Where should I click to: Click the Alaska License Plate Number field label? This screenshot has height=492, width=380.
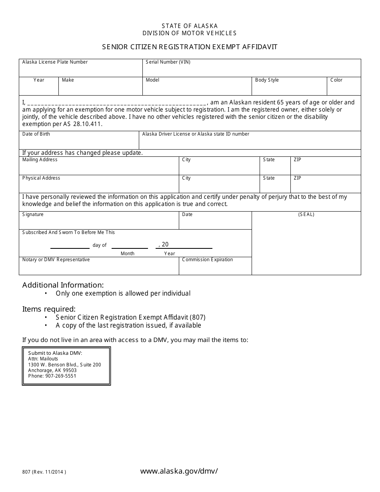click(x=55, y=62)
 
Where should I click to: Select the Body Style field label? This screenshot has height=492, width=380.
click(x=267, y=80)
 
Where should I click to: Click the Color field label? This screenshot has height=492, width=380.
click(x=336, y=80)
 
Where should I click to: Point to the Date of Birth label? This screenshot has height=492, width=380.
click(x=36, y=134)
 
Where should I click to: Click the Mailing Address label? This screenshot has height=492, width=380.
click(x=40, y=160)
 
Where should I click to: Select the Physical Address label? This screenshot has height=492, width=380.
click(x=41, y=178)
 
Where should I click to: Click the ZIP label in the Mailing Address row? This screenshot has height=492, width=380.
click(x=297, y=160)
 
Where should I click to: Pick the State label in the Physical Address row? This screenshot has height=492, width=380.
click(x=269, y=178)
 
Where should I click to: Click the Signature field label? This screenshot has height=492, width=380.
click(x=33, y=214)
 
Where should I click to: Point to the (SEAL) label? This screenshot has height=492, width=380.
click(x=306, y=214)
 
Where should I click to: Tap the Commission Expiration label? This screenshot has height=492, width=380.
click(x=207, y=260)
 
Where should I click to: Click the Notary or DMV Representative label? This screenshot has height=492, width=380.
click(x=56, y=260)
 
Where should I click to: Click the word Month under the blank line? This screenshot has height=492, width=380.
click(x=128, y=254)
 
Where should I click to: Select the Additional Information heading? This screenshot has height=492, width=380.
click(x=63, y=285)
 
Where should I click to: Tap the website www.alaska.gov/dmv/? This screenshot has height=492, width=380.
click(x=179, y=471)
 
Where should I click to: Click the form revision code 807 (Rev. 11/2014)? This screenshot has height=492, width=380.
click(x=44, y=472)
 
